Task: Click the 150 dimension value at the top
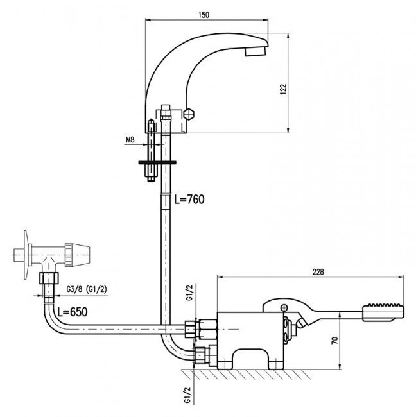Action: pyautogui.click(x=204, y=15)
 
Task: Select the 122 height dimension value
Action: pyautogui.click(x=283, y=89)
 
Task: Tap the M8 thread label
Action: pyautogui.click(x=130, y=140)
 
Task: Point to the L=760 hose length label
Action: pyautogui.click(x=189, y=199)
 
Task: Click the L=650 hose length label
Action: pyautogui.click(x=73, y=312)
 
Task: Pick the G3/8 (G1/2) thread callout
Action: pyautogui.click(x=87, y=289)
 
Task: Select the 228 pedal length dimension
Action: pyautogui.click(x=318, y=272)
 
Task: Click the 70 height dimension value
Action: pyautogui.click(x=335, y=341)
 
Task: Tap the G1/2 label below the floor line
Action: pyautogui.click(x=188, y=395)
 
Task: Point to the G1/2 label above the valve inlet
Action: pyautogui.click(x=189, y=293)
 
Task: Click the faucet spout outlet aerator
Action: pyautogui.click(x=256, y=51)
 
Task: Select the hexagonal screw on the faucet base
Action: pyautogui.click(x=189, y=114)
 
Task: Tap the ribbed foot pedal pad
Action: pyautogui.click(x=383, y=312)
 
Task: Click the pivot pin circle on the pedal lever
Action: pyautogui.click(x=284, y=307)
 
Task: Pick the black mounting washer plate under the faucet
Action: pyautogui.click(x=157, y=162)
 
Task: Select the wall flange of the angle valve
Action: pyautogui.click(x=26, y=255)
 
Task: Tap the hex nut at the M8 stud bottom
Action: pyautogui.click(x=151, y=179)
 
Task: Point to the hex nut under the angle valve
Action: pyautogui.click(x=49, y=278)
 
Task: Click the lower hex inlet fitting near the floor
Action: pyautogui.click(x=200, y=355)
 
